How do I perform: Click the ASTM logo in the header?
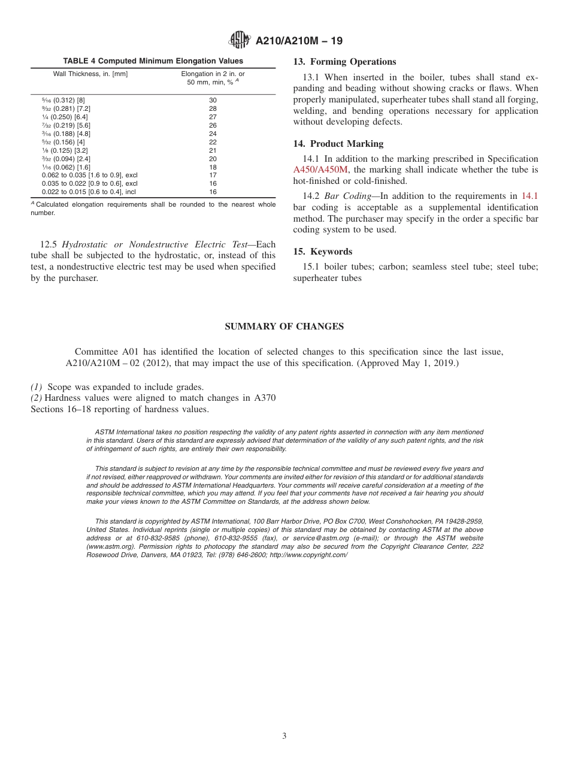[238, 41]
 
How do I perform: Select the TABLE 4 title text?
[153, 61]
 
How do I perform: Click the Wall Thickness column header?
[90, 74]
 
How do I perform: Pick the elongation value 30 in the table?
[213, 100]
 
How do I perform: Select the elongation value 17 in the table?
[213, 175]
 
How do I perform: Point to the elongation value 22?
[213, 142]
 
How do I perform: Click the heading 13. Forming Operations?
[344, 62]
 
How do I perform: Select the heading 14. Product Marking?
[338, 144]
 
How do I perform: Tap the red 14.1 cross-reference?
[529, 196]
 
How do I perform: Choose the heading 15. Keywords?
[322, 252]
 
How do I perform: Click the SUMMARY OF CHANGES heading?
[284, 326]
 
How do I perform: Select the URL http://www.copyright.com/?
[308, 555]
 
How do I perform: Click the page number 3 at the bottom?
[284, 736]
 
